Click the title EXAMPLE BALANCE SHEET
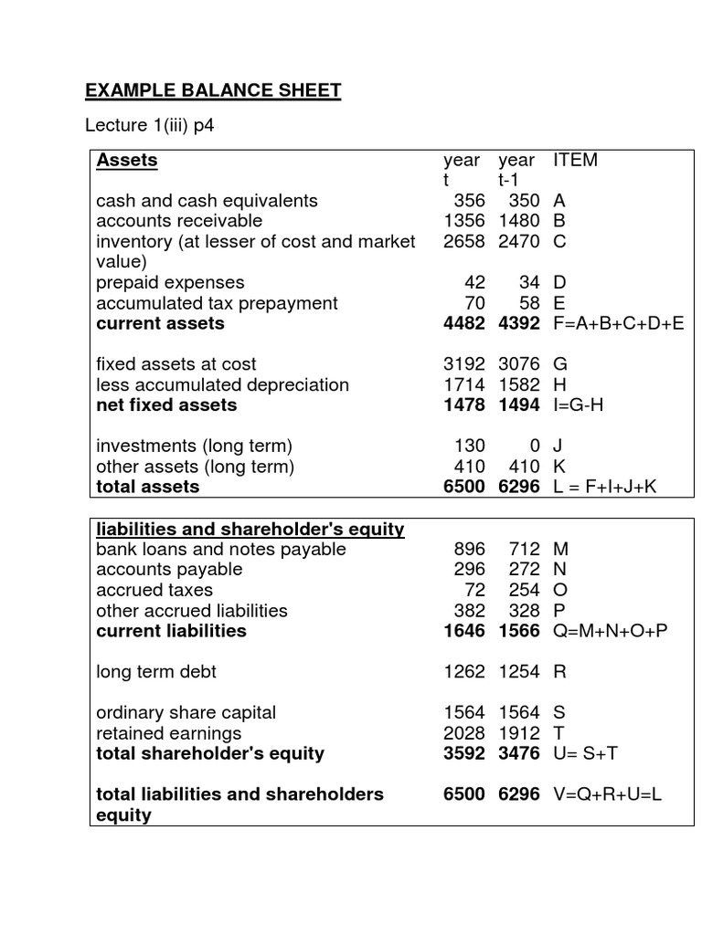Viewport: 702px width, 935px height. (213, 90)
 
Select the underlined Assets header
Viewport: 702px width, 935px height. (127, 161)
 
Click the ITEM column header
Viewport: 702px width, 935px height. (575, 161)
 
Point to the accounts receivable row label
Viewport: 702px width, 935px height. (179, 221)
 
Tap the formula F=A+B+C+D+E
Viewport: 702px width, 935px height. (618, 323)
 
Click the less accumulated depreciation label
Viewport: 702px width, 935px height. (222, 384)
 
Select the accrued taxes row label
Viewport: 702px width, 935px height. (154, 590)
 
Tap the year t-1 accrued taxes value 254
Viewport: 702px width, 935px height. (526, 590)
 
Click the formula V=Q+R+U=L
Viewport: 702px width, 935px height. (608, 794)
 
